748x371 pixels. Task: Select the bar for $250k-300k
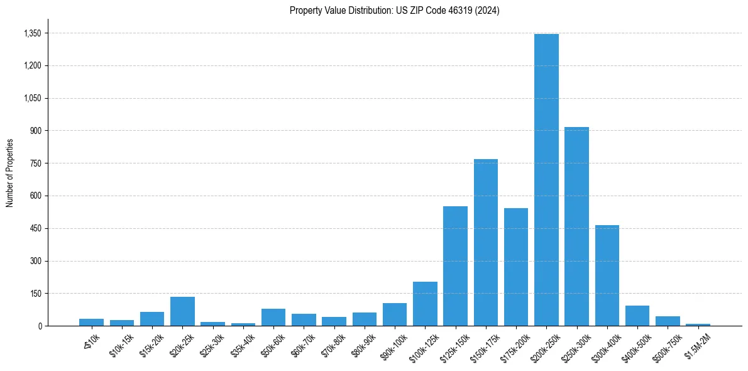(x=576, y=226)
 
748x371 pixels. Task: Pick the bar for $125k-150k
(x=455, y=266)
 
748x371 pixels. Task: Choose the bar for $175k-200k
(x=516, y=267)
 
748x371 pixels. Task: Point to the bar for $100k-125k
(x=425, y=304)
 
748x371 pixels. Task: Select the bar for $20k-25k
(x=182, y=311)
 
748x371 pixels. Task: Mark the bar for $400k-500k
(x=637, y=316)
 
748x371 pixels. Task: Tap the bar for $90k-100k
(x=395, y=314)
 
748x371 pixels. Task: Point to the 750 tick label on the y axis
(x=36, y=163)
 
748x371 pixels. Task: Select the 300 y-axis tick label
(x=36, y=261)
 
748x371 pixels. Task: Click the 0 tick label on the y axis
(x=40, y=326)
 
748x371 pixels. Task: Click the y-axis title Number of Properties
(x=9, y=173)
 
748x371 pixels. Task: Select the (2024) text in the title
(x=487, y=11)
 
